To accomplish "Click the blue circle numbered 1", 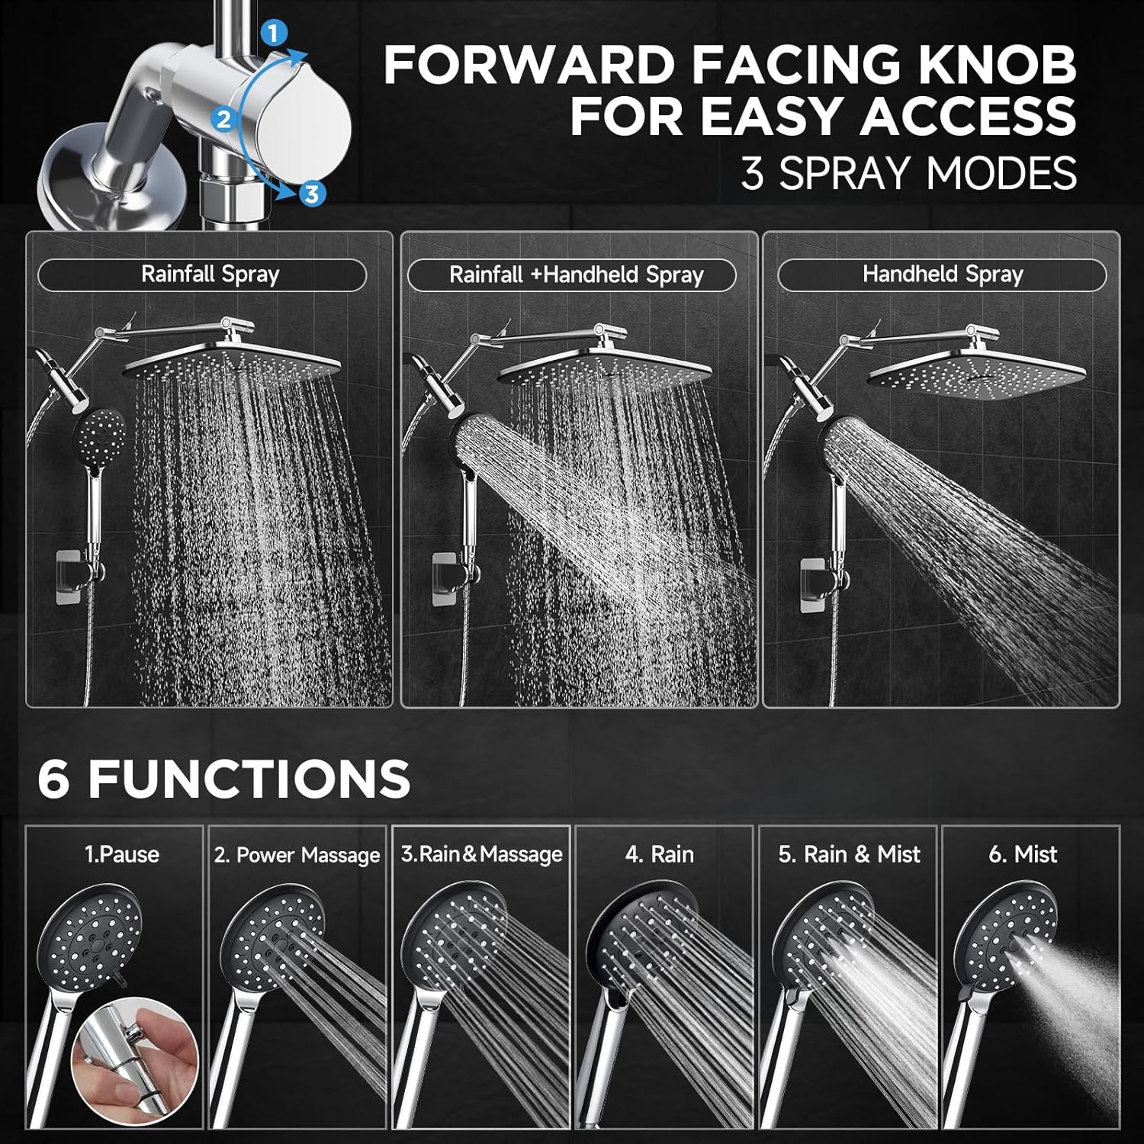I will click(273, 33).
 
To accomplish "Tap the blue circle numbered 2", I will click(223, 119).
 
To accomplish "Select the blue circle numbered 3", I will click(310, 193).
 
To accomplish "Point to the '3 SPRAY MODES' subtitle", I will click(908, 173).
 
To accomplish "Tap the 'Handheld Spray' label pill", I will click(942, 275).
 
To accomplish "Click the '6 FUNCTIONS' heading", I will click(223, 779).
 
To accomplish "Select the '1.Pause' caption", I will click(122, 854).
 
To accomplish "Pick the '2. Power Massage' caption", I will click(297, 855).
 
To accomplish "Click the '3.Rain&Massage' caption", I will click(482, 854).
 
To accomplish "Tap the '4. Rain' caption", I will click(660, 854).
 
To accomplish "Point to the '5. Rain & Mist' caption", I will click(849, 854).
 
